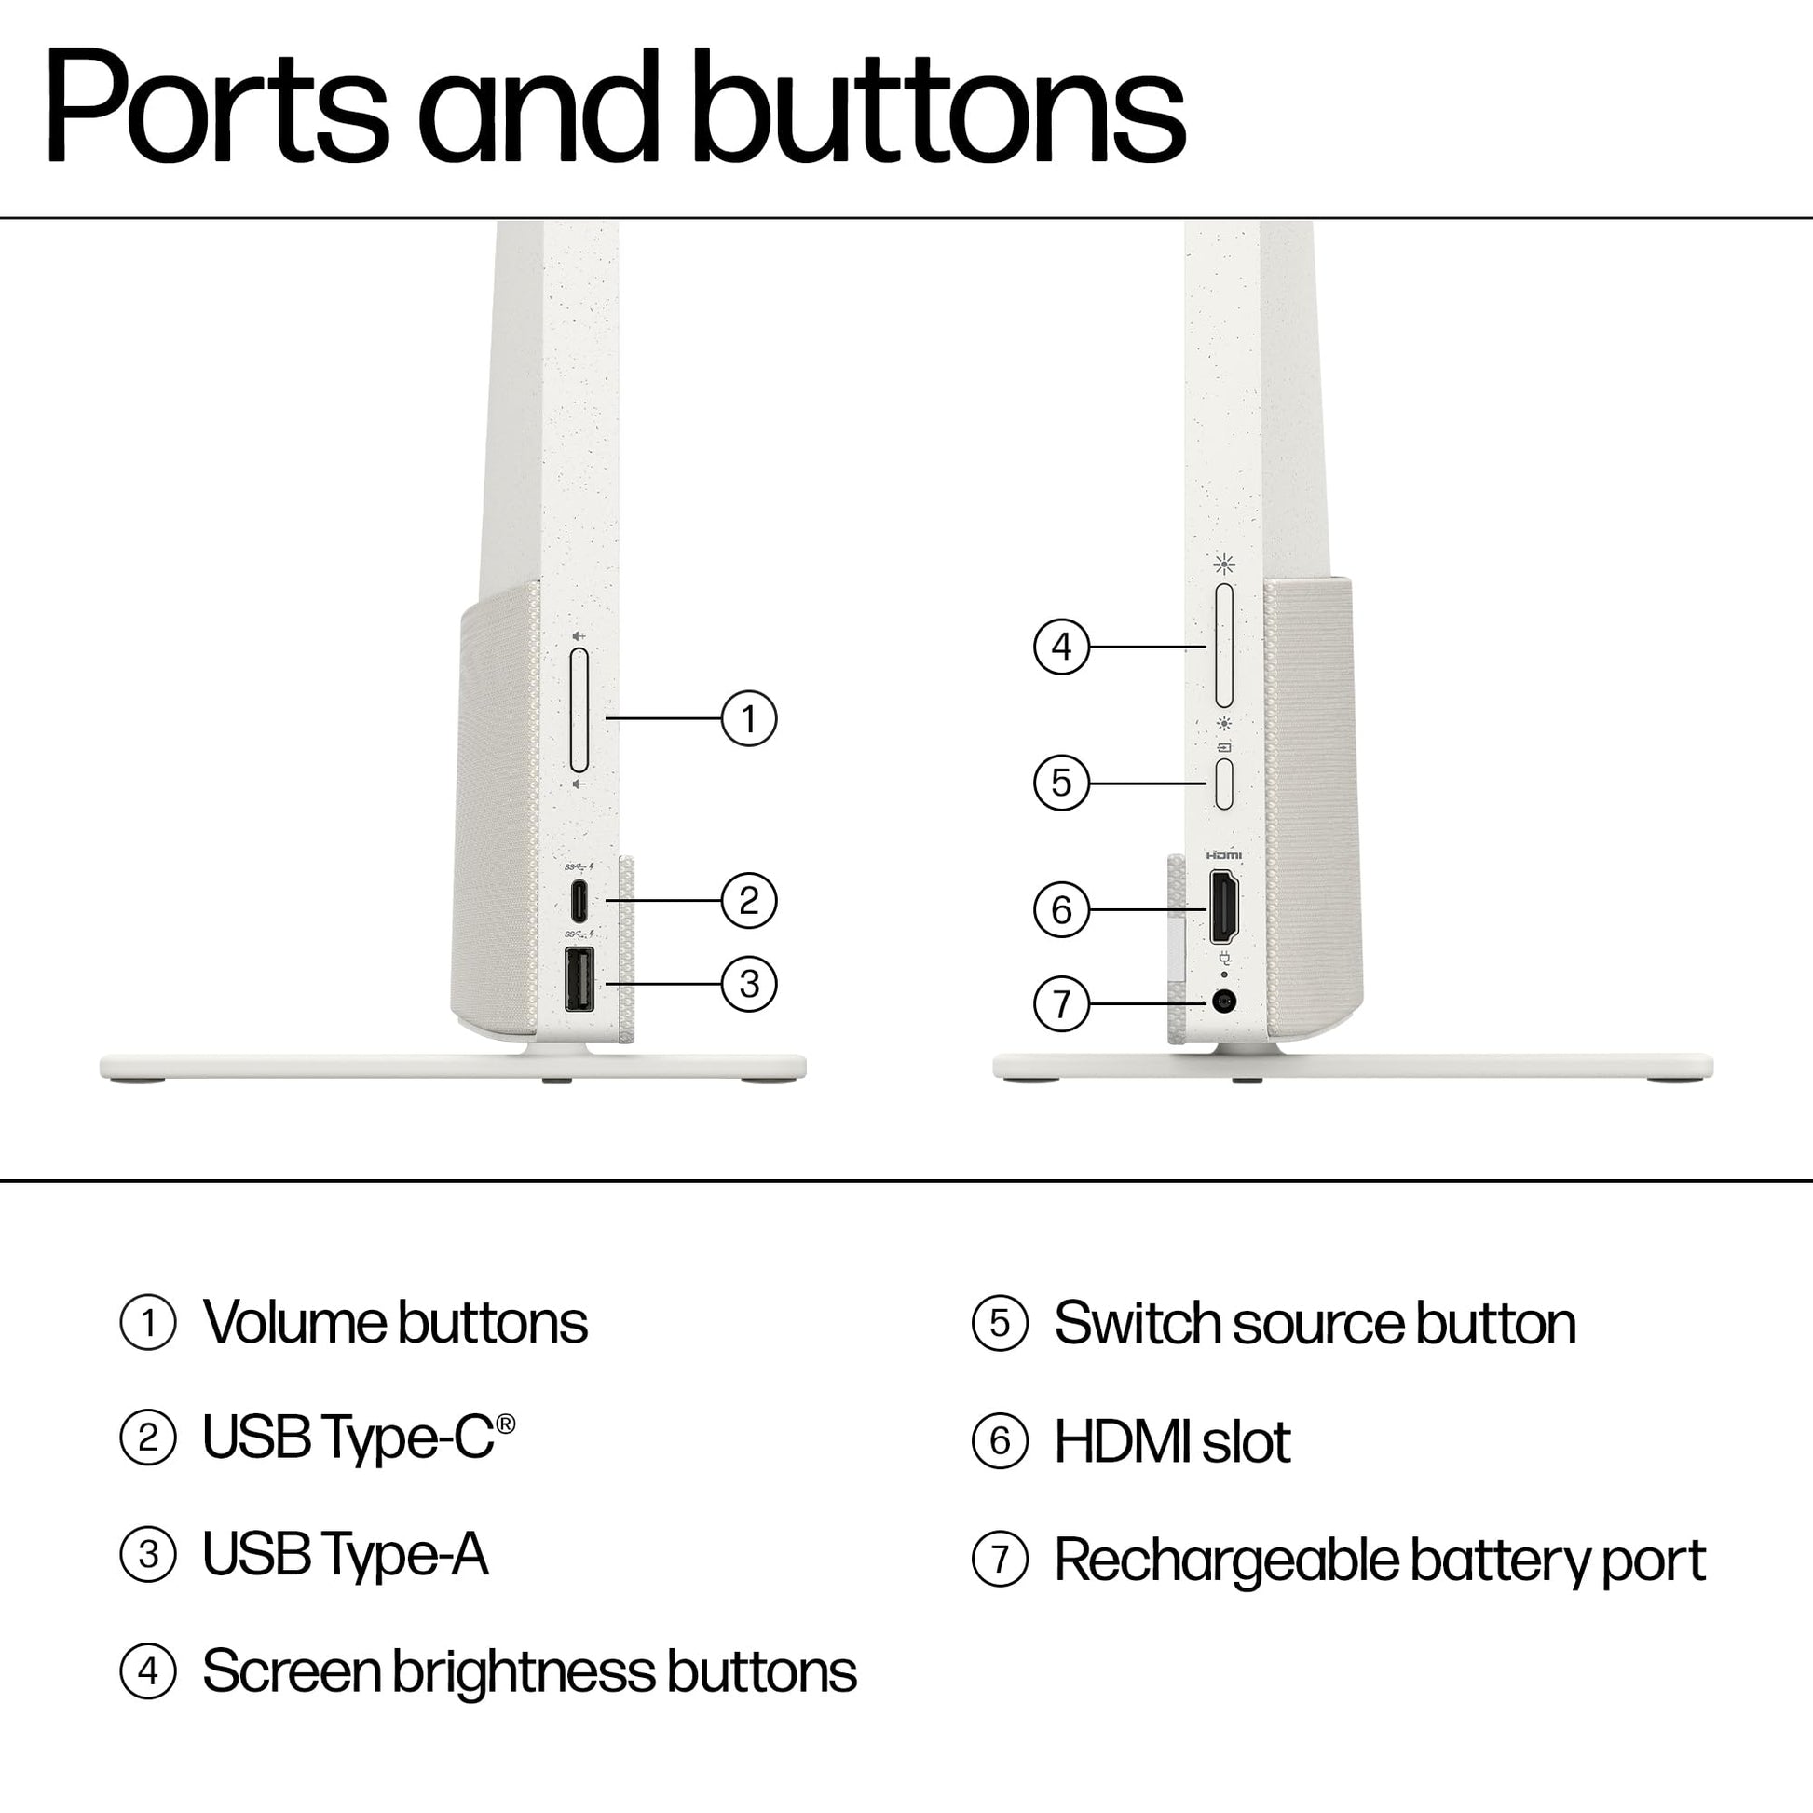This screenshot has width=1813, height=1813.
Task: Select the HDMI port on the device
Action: tap(1223, 906)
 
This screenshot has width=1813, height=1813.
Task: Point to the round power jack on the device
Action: tap(1223, 1002)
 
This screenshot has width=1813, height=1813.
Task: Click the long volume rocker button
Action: tap(579, 710)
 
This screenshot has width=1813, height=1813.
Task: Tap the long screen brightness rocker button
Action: tap(1223, 646)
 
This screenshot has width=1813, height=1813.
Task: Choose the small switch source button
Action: tap(1223, 784)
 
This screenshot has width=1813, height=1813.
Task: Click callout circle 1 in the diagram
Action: tap(749, 719)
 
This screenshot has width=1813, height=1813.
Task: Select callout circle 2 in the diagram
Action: tap(749, 901)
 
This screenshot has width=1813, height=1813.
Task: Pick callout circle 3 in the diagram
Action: tap(749, 985)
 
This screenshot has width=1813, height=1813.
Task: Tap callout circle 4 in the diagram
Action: tap(1061, 647)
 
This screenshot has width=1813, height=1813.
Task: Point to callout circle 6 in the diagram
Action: tap(1061, 909)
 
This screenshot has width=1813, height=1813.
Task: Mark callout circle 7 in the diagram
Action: tap(1061, 1004)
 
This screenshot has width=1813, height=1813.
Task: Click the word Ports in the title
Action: tap(217, 108)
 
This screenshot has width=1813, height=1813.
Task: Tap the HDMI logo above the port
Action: tap(1223, 856)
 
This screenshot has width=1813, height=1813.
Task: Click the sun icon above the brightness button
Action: tap(1223, 564)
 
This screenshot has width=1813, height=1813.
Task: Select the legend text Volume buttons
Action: tap(395, 1323)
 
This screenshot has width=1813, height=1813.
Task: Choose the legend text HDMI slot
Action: tap(1173, 1440)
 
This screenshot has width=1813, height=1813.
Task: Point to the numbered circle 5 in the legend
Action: tap(1001, 1324)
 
